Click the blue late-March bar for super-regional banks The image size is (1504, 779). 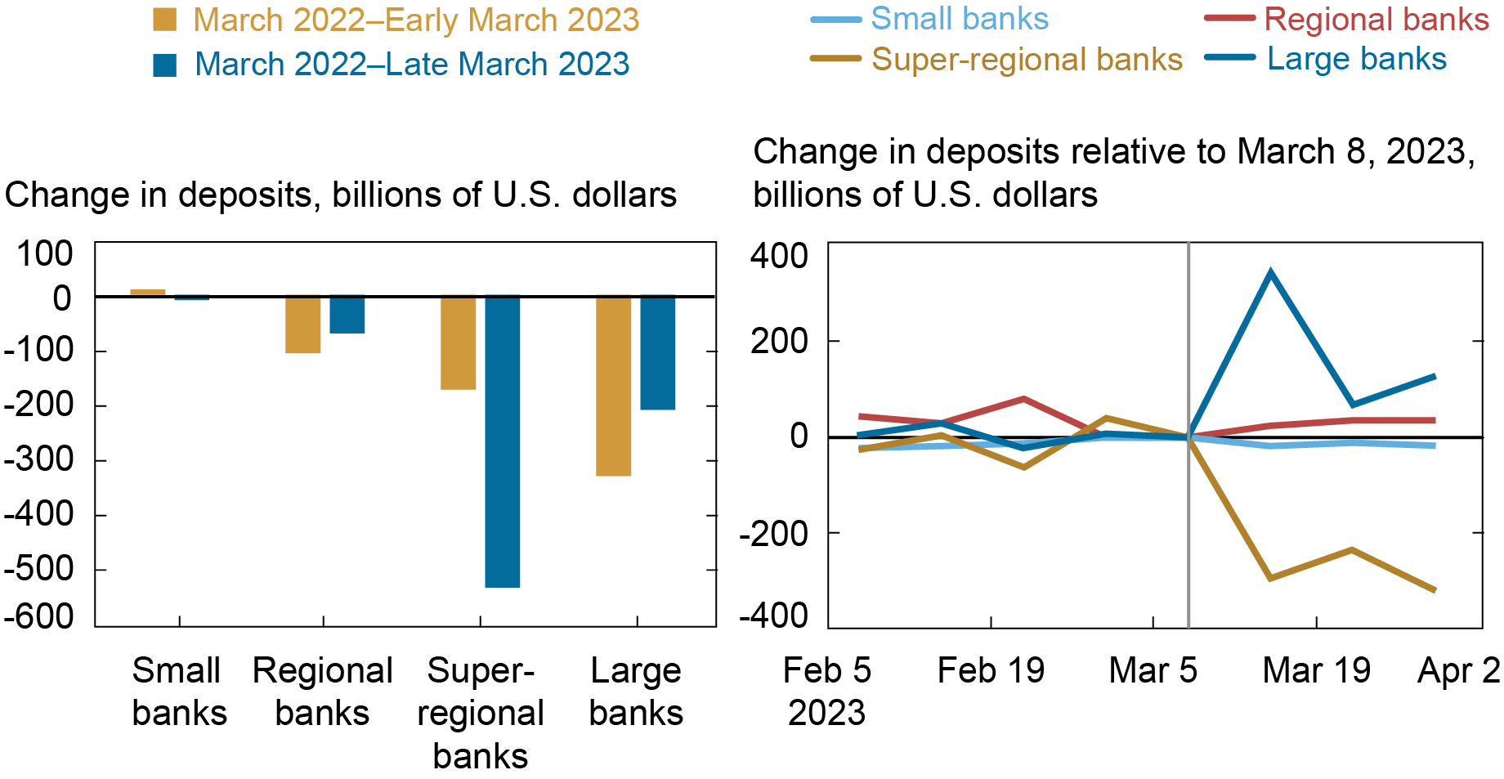(x=502, y=441)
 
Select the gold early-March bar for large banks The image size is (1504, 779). (x=613, y=386)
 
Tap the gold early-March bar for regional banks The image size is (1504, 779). (x=302, y=325)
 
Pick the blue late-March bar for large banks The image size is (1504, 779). (x=657, y=353)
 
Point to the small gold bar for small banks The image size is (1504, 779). (x=148, y=292)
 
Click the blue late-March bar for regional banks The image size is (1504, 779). (x=347, y=315)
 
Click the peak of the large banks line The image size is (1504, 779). (x=1269, y=272)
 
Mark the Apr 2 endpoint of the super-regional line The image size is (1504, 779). (x=1435, y=589)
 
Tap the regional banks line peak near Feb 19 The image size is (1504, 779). (x=1024, y=399)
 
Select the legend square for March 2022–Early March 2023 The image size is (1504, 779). (x=165, y=20)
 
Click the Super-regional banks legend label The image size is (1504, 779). (x=1027, y=59)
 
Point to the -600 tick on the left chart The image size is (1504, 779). (x=39, y=616)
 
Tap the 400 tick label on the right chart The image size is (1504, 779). (x=779, y=256)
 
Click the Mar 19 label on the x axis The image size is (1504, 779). (x=1316, y=670)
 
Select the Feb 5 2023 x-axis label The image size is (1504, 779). (x=826, y=692)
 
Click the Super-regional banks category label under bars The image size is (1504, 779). (x=481, y=713)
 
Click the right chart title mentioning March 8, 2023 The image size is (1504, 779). (x=1113, y=172)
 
